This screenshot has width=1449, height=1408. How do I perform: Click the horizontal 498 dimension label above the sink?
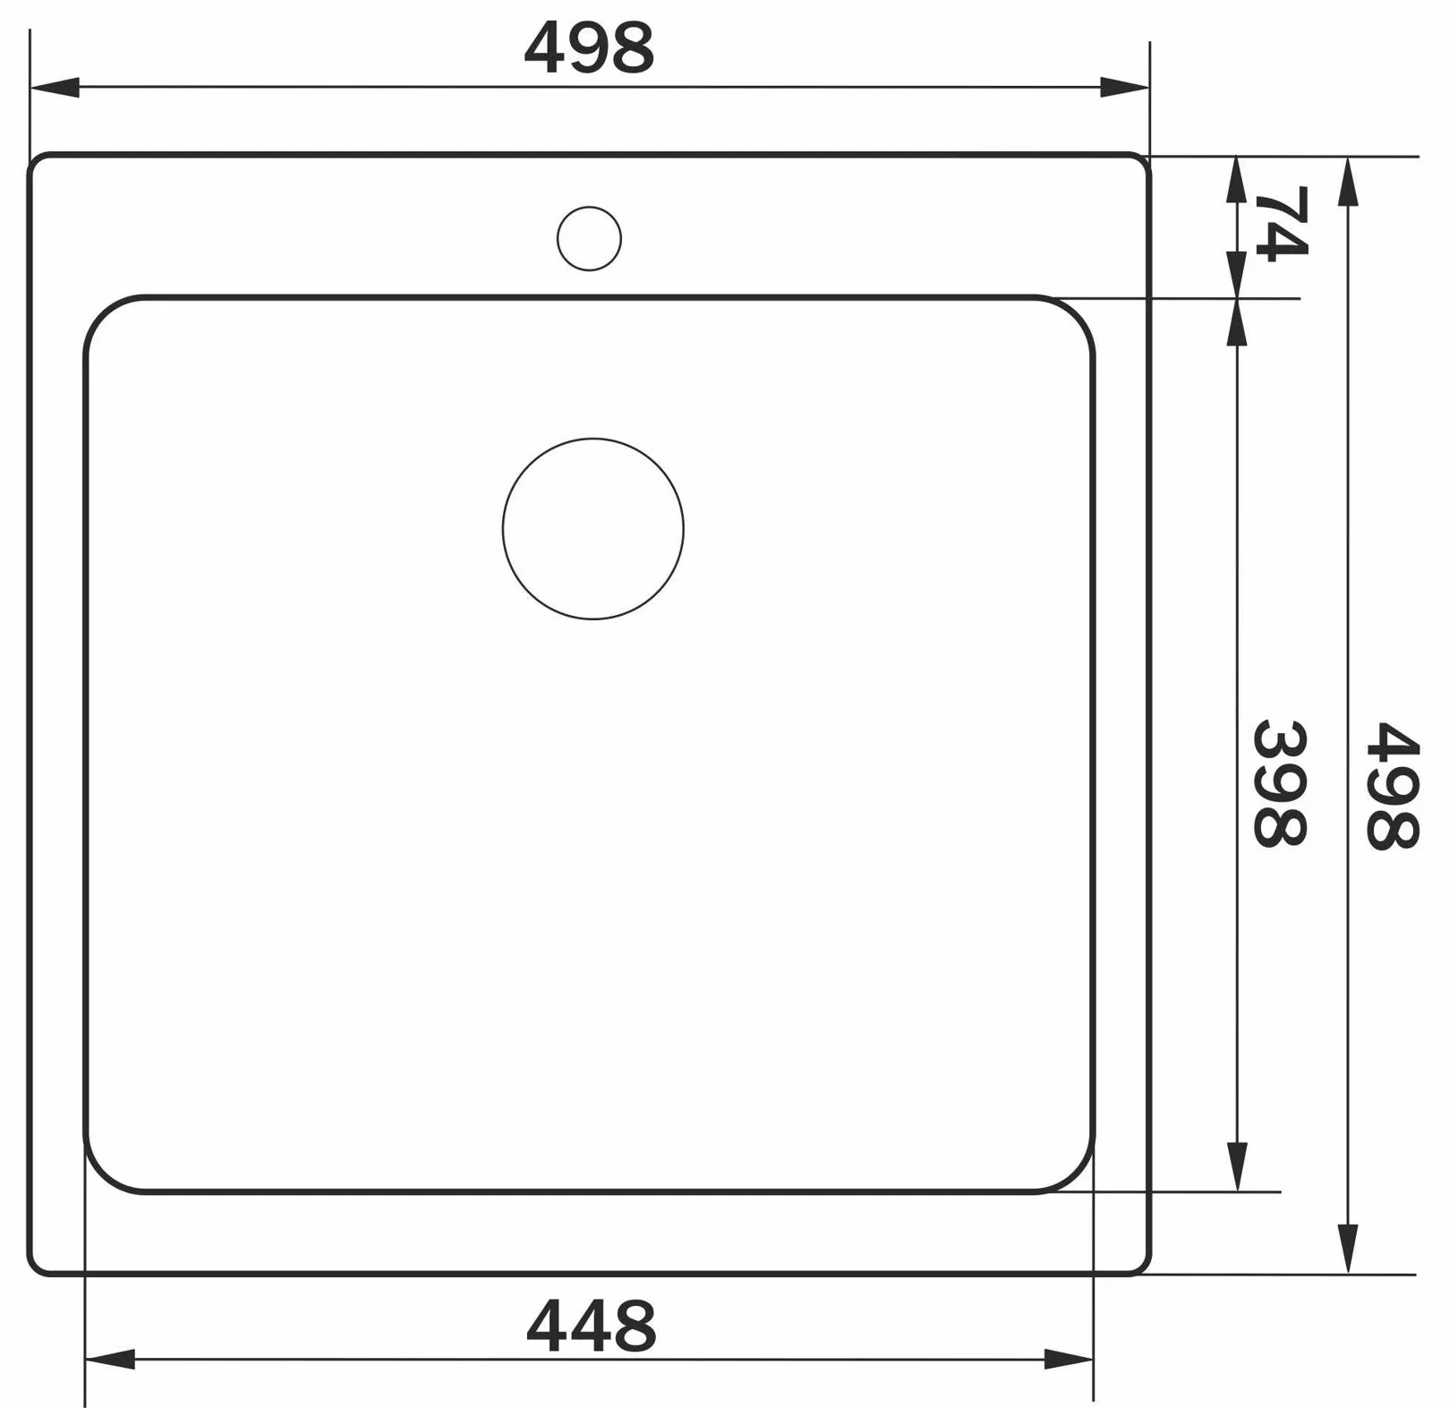click(589, 48)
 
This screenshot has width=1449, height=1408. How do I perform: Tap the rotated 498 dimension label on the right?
click(1392, 785)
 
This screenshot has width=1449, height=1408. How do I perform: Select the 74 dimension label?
click(1281, 222)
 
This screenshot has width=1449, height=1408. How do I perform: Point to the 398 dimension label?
click(1280, 783)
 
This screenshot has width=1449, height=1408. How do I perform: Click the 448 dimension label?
click(591, 1326)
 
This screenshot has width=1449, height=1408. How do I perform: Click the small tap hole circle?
click(589, 239)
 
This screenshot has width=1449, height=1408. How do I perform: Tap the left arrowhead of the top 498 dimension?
click(55, 88)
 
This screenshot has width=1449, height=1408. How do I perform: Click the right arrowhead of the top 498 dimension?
click(1124, 88)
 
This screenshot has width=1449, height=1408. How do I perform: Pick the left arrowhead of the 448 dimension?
click(110, 1359)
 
